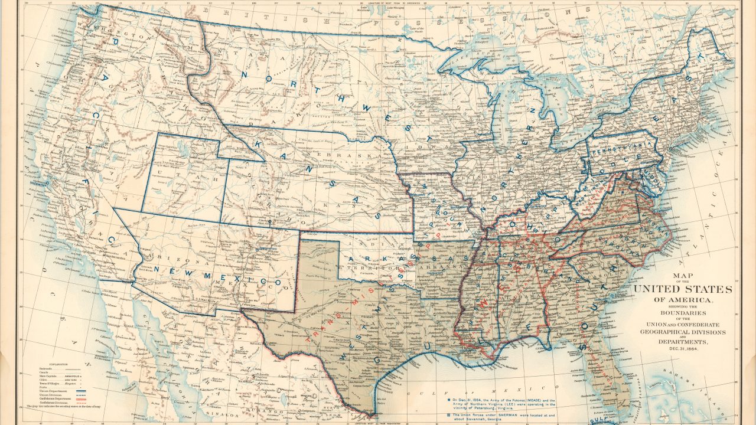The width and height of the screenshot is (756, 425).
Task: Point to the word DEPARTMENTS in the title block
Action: (683, 342)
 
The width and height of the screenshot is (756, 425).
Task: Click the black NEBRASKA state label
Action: (334, 155)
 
